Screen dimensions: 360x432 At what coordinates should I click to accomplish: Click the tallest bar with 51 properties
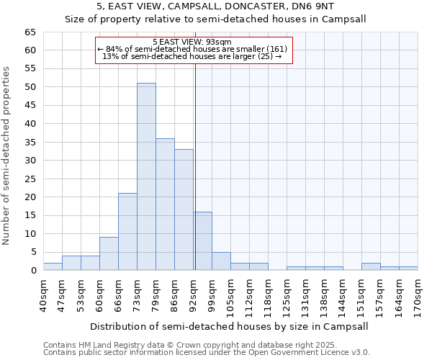[146, 176]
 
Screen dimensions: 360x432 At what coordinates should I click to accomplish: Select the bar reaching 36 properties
[165, 204]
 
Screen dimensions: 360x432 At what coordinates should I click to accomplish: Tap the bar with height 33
[184, 210]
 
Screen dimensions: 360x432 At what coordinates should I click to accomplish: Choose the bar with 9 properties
[109, 253]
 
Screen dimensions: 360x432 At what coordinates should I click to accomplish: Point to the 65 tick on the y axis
[30, 32]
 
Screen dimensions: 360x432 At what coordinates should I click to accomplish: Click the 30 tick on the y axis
[30, 161]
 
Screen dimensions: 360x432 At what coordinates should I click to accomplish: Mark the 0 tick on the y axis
[32, 271]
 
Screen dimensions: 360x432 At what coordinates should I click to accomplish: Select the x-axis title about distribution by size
[230, 326]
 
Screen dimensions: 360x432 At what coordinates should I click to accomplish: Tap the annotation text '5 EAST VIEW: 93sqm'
[192, 42]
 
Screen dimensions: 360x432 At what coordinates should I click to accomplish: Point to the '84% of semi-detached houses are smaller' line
[192, 49]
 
